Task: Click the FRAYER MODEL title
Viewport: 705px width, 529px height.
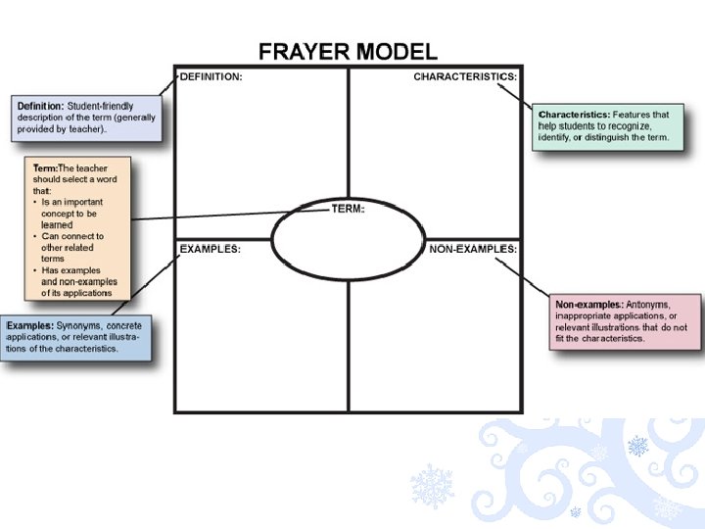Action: [348, 52]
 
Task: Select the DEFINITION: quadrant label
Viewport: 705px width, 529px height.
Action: [211, 76]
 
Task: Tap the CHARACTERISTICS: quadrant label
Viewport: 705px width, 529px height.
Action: [465, 76]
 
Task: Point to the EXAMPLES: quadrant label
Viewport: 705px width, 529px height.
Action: [210, 249]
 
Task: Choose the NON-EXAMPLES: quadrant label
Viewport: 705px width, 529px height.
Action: [473, 249]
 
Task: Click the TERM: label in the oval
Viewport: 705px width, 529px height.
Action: [348, 209]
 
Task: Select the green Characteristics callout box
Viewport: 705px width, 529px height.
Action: [603, 126]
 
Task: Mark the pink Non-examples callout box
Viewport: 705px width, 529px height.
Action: [625, 321]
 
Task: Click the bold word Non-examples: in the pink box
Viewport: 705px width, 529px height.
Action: [588, 305]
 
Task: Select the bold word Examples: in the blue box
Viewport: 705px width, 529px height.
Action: [29, 325]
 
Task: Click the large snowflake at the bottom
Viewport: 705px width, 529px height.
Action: [431, 486]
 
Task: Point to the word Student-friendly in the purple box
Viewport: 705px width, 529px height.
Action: [100, 106]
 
